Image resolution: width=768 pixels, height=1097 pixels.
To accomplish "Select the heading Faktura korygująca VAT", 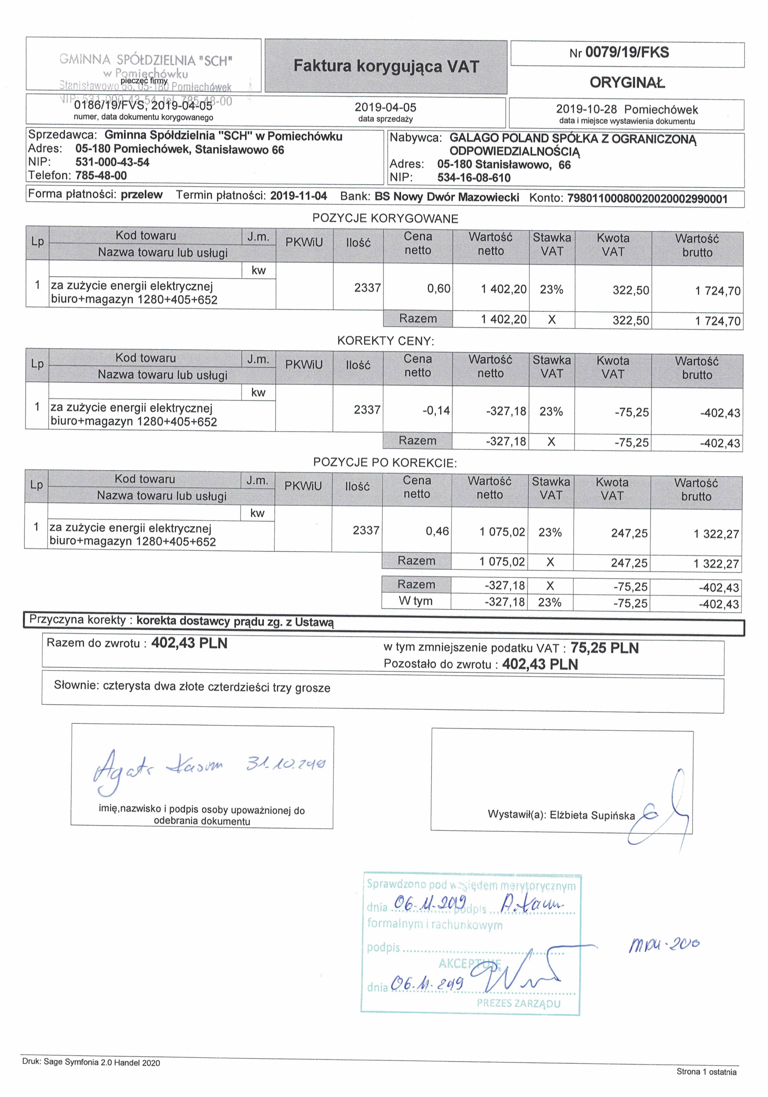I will click(386, 66).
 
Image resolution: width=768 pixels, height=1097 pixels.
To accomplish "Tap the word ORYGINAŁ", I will click(627, 83).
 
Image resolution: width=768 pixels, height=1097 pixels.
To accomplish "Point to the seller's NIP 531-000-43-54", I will click(112, 162).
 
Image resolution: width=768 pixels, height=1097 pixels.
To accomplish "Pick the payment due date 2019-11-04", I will click(298, 196).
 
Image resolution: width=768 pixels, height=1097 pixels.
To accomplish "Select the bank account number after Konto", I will click(647, 199).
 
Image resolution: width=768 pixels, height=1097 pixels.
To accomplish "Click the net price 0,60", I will click(439, 289).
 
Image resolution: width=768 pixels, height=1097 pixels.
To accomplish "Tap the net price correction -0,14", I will click(436, 411).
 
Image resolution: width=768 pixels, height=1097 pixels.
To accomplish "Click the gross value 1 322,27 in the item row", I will click(716, 534).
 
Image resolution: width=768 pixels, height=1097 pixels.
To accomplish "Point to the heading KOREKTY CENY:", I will click(385, 341).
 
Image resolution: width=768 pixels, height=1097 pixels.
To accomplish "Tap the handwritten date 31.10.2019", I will click(285, 764).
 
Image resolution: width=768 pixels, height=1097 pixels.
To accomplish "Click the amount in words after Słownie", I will click(216, 687).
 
